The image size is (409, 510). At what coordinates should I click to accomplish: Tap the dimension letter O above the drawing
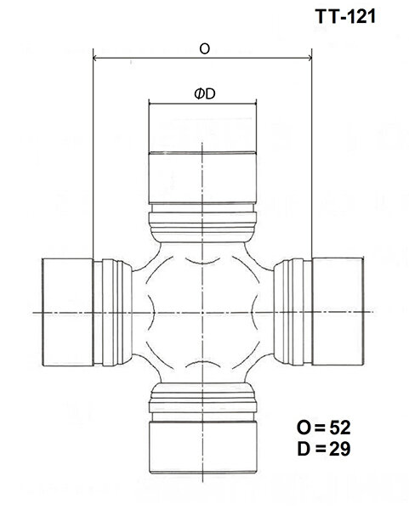click(204, 49)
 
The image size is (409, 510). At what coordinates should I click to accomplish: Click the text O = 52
click(323, 425)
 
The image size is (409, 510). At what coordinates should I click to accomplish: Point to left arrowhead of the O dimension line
click(94, 59)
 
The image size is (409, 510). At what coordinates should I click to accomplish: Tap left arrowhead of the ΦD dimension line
click(151, 104)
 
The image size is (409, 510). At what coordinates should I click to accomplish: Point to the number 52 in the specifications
click(341, 425)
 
